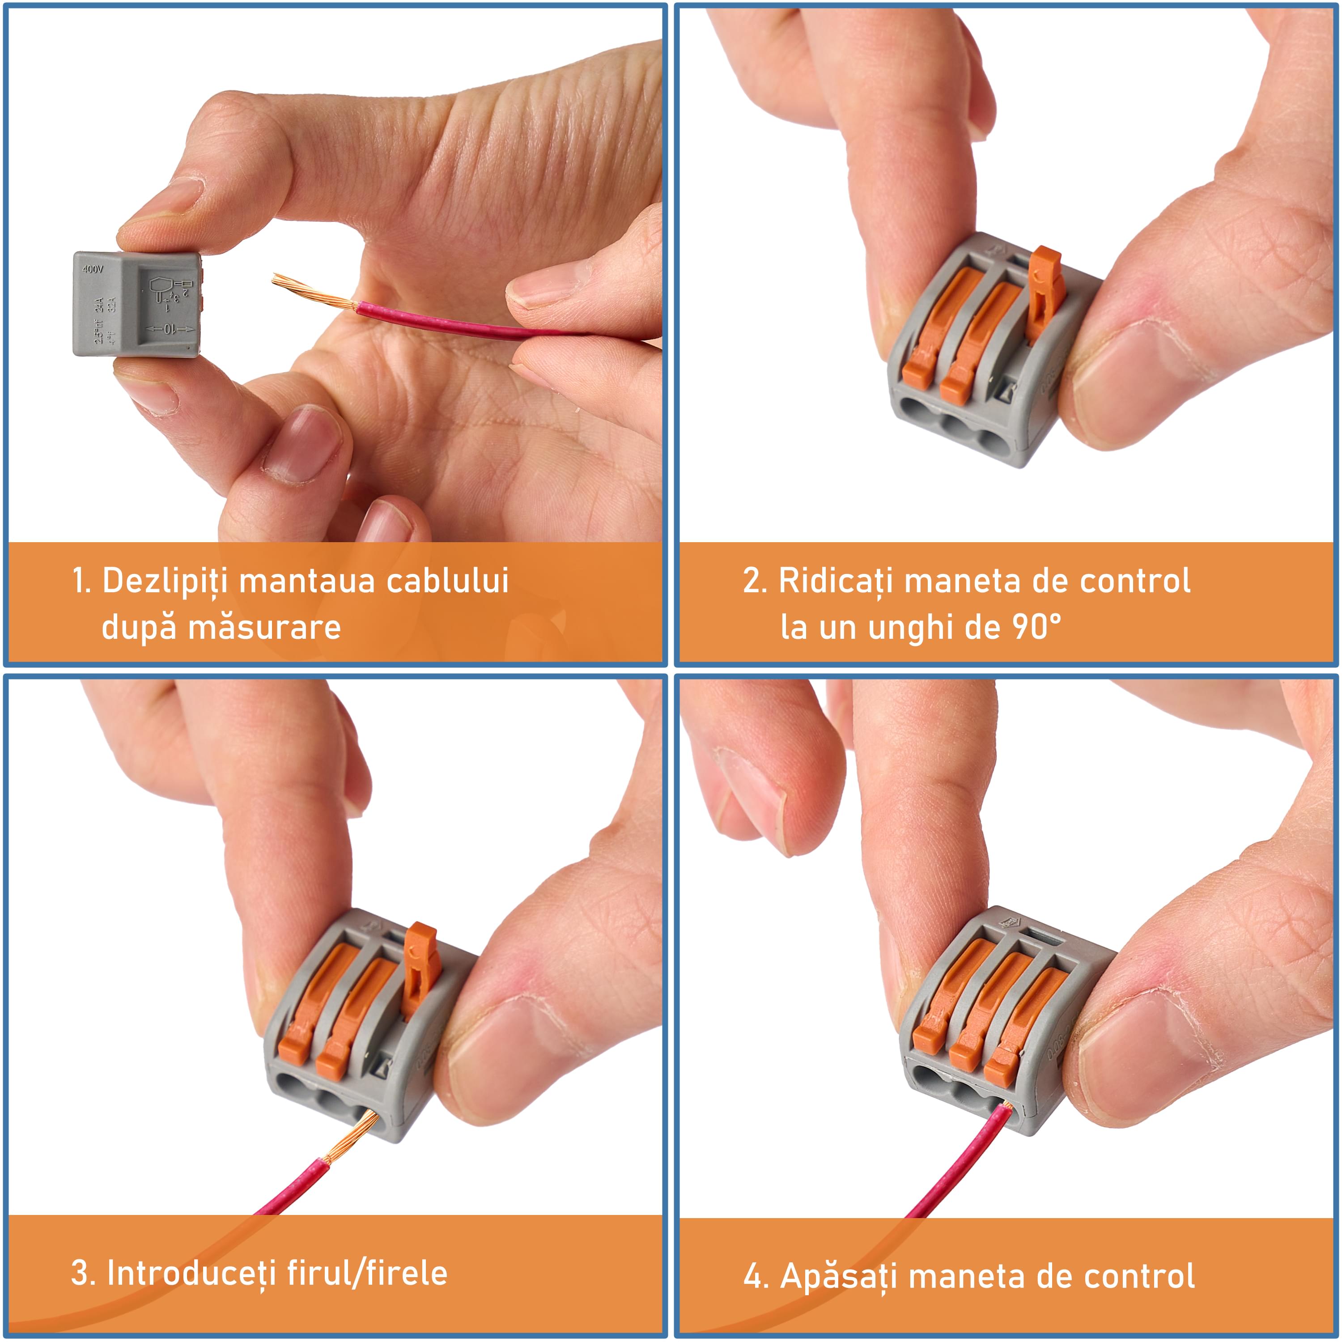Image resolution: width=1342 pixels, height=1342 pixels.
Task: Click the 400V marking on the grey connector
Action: pos(93,269)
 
